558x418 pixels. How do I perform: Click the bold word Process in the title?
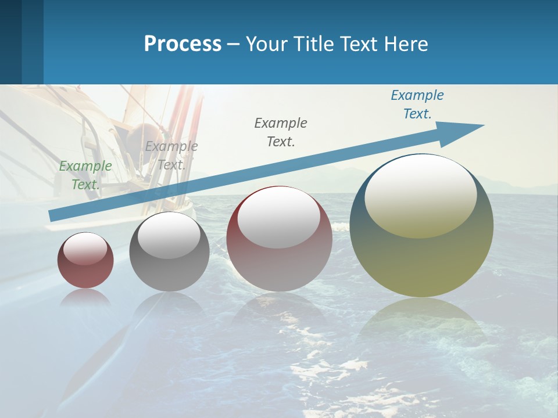(183, 44)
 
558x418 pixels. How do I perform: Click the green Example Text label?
(85, 175)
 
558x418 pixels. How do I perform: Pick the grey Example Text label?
(171, 155)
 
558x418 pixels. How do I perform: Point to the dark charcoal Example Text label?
(281, 132)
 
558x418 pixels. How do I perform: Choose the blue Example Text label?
(417, 105)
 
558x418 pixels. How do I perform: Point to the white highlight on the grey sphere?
(169, 235)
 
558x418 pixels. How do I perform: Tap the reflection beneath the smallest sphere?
(85, 297)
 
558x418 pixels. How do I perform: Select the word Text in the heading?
(360, 44)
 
